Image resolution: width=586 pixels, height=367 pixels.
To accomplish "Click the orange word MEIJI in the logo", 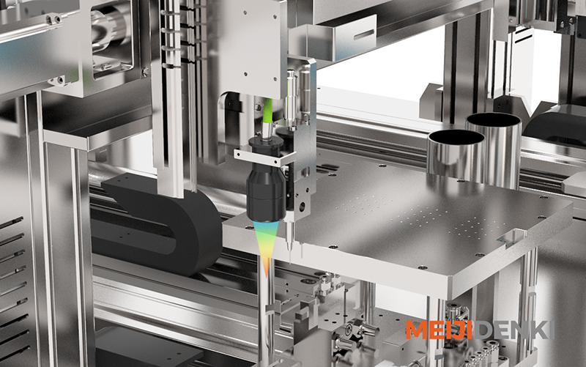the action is (x=440, y=330).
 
